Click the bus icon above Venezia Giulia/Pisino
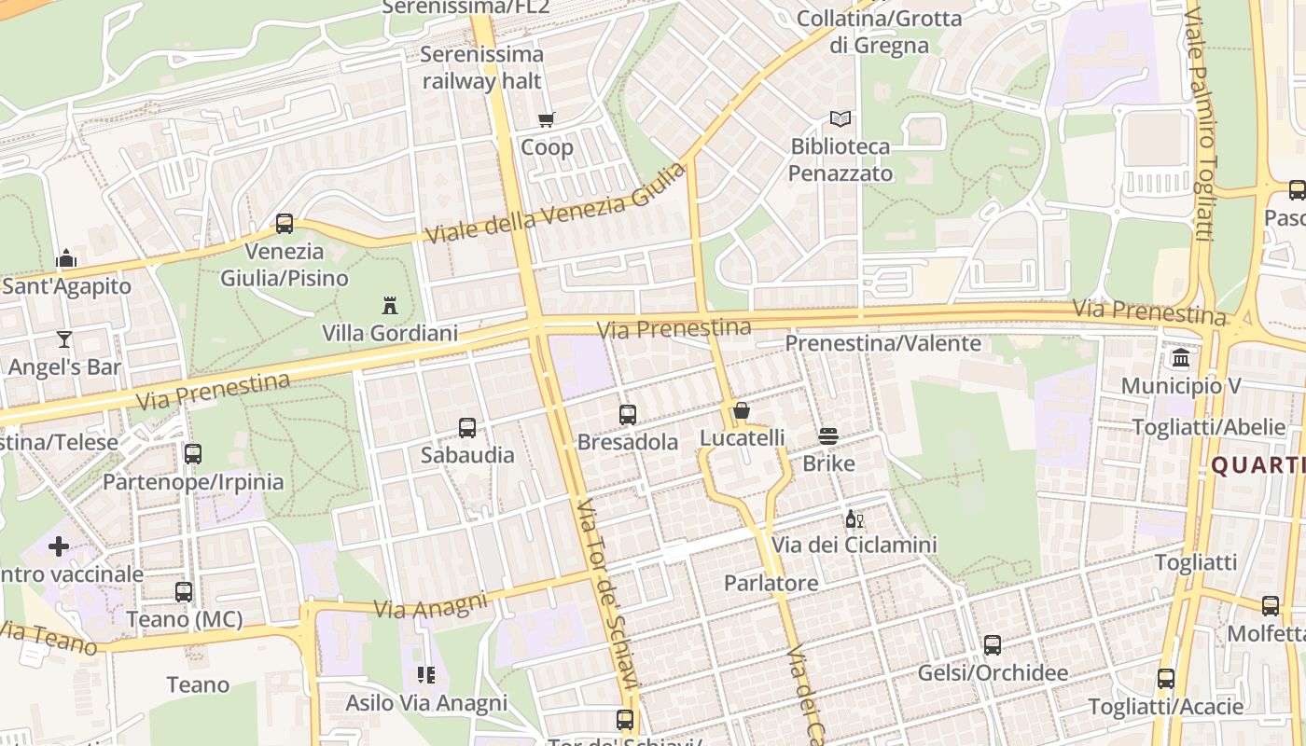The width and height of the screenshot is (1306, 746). click(x=285, y=224)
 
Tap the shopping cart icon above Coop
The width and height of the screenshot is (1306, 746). click(x=547, y=119)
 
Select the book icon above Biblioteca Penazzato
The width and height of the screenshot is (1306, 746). click(x=841, y=119)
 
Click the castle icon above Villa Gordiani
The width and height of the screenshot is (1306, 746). click(x=390, y=305)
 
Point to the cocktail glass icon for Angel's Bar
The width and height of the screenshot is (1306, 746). click(x=64, y=338)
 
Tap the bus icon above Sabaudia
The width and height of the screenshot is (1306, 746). click(x=467, y=428)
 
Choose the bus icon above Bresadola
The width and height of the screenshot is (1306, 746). click(x=628, y=415)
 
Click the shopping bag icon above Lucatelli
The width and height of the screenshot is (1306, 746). click(x=742, y=410)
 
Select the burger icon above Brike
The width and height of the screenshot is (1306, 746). click(x=828, y=436)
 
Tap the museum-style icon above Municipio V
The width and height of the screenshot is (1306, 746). click(x=1181, y=358)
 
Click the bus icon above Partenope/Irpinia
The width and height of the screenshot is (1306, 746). click(x=193, y=454)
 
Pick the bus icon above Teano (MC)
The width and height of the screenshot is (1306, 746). click(x=184, y=591)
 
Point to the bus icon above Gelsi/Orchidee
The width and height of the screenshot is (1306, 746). click(x=993, y=645)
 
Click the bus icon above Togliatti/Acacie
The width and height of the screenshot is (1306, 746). click(x=1166, y=679)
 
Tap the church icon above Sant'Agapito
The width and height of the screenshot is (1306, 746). click(x=66, y=258)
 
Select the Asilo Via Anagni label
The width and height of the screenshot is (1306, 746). click(x=426, y=703)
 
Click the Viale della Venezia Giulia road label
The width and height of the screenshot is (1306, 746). click(x=555, y=204)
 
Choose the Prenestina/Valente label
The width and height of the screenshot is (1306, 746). click(x=882, y=343)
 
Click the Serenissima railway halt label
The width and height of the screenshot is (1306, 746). click(x=481, y=67)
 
